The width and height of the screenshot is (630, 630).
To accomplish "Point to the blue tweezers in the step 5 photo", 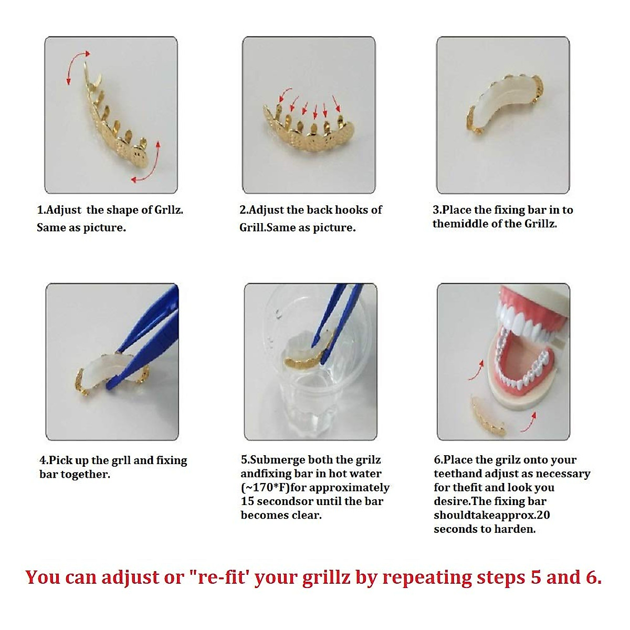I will (x=336, y=315).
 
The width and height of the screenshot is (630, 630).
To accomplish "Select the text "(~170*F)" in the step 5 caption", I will (x=265, y=488).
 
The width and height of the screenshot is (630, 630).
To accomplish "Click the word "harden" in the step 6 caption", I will (x=517, y=529).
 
